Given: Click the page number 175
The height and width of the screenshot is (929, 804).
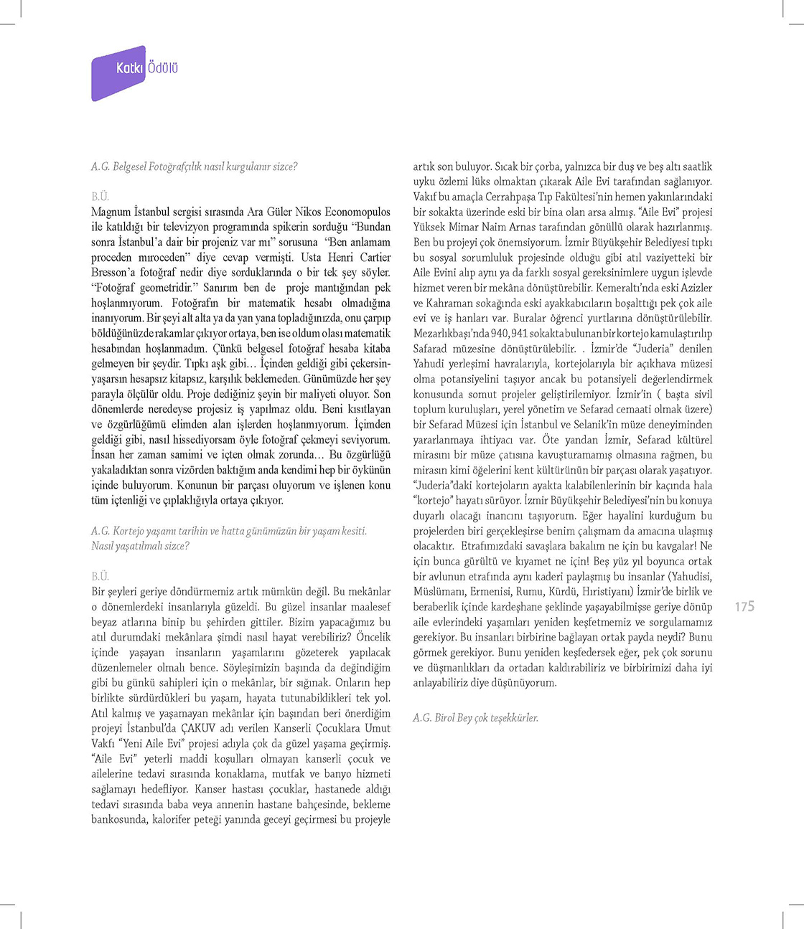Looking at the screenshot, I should coord(744,607).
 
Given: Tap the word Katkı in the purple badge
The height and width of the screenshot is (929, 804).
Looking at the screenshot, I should coord(130,68).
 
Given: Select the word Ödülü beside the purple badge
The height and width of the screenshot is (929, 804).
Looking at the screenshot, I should coord(163,68).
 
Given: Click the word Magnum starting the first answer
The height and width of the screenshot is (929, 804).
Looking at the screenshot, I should coord(111,212).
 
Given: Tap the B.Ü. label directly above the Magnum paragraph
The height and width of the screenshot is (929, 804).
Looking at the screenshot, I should coord(100,197).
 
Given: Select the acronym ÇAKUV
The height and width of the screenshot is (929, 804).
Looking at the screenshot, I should coord(198,729).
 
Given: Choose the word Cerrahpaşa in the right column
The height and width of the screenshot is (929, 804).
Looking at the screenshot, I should coord(510,197).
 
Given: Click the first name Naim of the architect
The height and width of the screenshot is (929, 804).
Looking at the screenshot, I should coord(495,227).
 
